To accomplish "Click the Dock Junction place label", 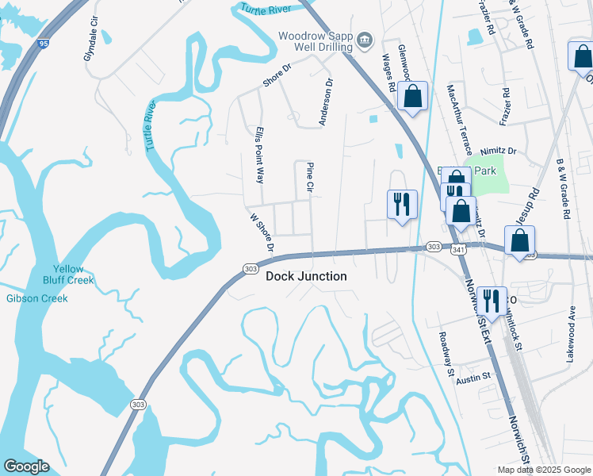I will tap(306, 276).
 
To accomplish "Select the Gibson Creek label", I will tap(36, 298).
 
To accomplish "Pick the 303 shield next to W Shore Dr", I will tap(249, 268).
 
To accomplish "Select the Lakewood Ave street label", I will tap(571, 335).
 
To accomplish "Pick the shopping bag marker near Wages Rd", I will tap(413, 98).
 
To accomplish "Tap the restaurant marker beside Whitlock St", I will tap(491, 301).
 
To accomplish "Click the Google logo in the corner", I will tap(26, 466).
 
